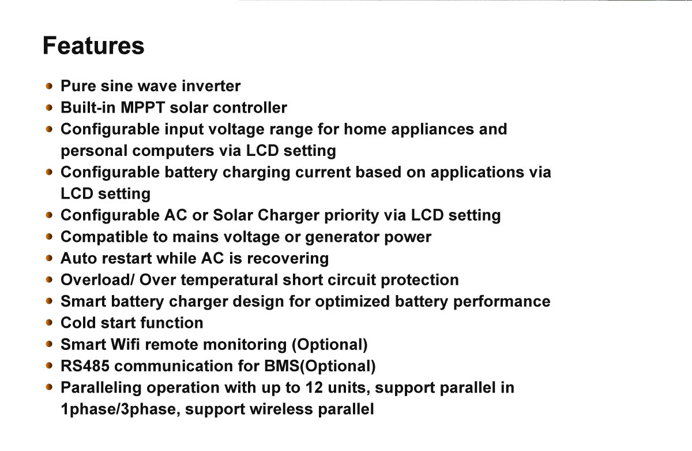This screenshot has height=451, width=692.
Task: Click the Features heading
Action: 93,46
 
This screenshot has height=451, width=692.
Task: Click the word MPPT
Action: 143,107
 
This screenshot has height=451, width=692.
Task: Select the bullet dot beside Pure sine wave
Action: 49,86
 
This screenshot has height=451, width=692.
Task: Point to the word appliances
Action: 432,130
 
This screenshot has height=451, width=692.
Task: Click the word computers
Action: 174,151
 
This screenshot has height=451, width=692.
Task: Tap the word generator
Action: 343,237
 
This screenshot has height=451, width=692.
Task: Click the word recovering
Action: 288,259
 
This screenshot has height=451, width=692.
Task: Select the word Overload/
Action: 97,280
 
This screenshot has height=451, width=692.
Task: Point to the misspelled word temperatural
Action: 230,281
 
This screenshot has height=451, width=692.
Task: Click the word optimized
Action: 352,302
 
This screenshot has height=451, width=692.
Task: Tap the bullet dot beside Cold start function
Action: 49,323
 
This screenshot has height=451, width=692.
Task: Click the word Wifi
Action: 125,344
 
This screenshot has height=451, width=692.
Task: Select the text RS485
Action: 85,366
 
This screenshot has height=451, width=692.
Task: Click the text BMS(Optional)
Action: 320,366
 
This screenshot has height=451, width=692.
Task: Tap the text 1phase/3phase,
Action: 121,409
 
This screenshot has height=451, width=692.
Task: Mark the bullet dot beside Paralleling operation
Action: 49,387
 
